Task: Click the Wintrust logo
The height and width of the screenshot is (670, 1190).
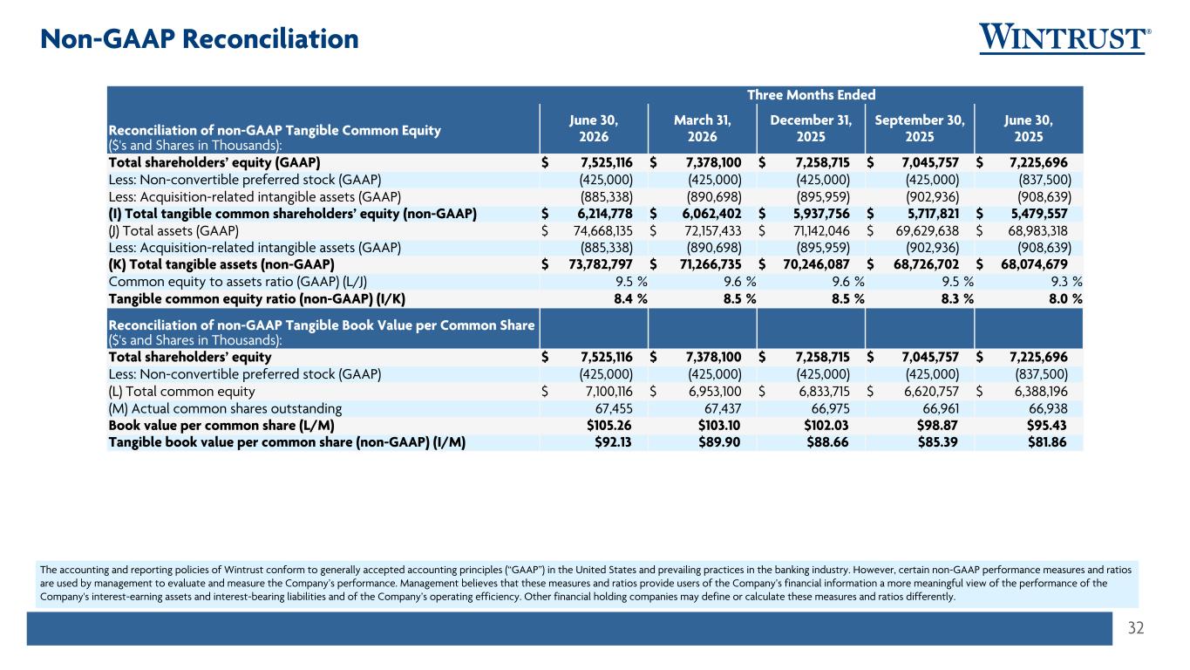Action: coord(1064,38)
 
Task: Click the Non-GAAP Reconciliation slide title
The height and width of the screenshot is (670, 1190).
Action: coord(200,38)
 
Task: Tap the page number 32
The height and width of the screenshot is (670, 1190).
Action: coord(1136,628)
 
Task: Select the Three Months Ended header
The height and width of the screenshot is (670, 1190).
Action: coord(812,94)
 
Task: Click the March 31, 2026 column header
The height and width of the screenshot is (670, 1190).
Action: coord(703,128)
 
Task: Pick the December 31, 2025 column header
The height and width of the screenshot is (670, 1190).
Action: coord(811,128)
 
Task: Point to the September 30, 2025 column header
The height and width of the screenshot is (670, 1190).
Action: coord(920,128)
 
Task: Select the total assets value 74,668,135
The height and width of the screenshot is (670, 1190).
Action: coord(603,231)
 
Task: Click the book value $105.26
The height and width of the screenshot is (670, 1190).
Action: coord(609,426)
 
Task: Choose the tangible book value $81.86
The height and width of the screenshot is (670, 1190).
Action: coord(1047,442)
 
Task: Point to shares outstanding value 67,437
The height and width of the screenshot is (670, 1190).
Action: coord(723,408)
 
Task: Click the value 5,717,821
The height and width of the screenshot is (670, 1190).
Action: coord(934,214)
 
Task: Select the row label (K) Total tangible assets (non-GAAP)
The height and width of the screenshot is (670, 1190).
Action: coord(221,264)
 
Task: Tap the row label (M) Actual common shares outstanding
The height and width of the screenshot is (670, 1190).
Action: coord(225,408)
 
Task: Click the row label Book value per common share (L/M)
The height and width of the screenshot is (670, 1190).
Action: coord(221,426)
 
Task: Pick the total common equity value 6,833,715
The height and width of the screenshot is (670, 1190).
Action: coord(825,392)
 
